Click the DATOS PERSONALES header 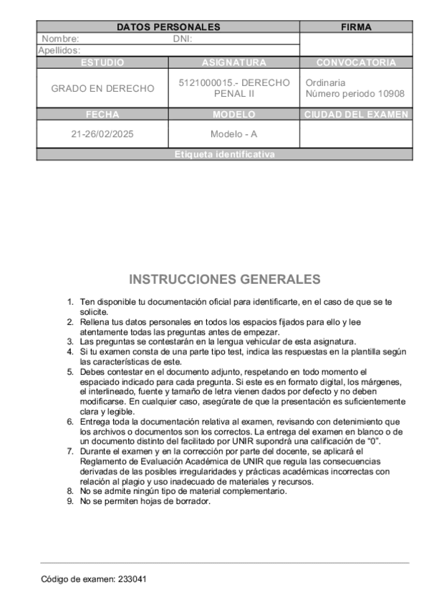coord(168,27)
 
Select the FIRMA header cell coord(356,27)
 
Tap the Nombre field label coord(60,39)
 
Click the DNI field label coord(183,39)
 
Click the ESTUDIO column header coord(102,63)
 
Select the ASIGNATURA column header coord(233,63)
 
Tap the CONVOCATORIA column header coord(356,63)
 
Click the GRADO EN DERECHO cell coord(102,88)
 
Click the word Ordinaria coord(325,83)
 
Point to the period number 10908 coord(391,94)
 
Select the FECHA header coord(102,115)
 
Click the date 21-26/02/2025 coord(102,134)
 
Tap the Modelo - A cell coord(233,134)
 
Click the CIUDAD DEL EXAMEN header coord(356,115)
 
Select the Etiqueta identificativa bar coord(224,155)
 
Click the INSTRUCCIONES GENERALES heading coord(224,279)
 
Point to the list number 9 coord(69,501)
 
